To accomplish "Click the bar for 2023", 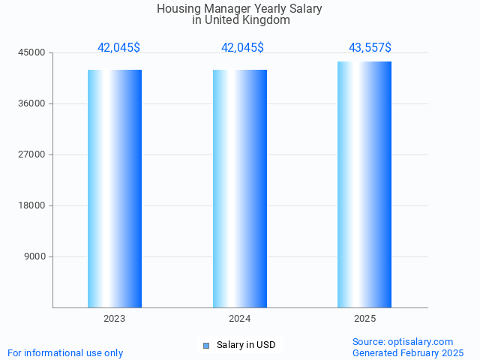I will pos(115,188).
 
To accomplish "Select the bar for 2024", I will pos(240,188).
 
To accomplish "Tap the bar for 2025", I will pos(364,184).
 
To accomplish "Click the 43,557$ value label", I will pos(370,47).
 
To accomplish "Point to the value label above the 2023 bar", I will pos(118,47).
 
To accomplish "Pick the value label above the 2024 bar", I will pos(242,47).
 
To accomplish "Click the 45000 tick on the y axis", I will pos(33,52).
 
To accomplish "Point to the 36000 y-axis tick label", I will pos(33,103).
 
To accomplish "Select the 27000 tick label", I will pos(33,154).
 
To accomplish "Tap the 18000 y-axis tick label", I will pos(33,205).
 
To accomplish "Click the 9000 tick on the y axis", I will pos(35,256).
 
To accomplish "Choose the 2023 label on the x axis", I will pos(115,319).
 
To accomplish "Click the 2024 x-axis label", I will pos(240,319).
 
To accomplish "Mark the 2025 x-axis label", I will pos(364,319).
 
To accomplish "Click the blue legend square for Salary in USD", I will pos(206,345).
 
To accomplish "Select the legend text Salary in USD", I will pos(246,345).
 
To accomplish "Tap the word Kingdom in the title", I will pos(265,20).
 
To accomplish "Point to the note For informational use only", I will pos(65,352).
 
